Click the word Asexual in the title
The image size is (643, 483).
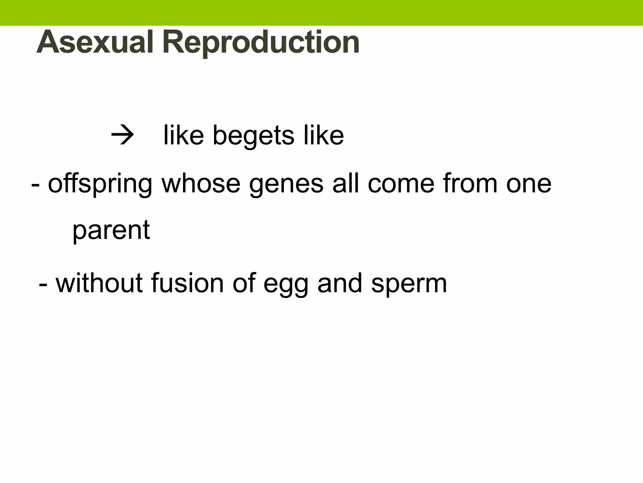(x=94, y=42)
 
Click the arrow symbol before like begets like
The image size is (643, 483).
(x=122, y=136)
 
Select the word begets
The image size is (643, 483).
(x=253, y=136)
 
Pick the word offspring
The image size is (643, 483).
(x=100, y=184)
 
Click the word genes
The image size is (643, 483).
(x=286, y=184)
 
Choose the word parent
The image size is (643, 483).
(x=111, y=230)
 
